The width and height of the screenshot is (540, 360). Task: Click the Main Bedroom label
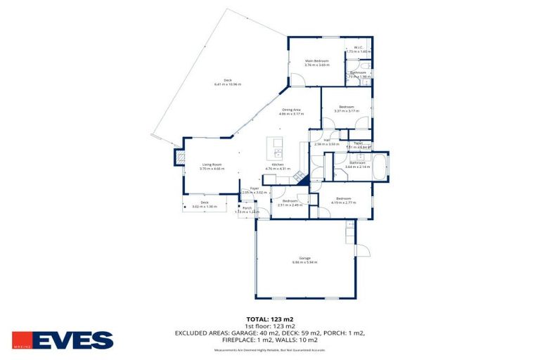[316, 61]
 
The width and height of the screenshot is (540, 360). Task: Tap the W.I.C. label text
[358, 49]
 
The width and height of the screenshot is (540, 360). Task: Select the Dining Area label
[292, 110]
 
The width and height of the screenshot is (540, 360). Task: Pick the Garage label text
[304, 258]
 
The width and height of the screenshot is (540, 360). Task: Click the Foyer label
[255, 188]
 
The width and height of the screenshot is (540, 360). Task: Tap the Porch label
[247, 208]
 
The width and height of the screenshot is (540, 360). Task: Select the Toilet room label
[358, 143]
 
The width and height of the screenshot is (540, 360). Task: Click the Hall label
[327, 140]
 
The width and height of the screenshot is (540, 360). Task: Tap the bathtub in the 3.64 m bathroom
[380, 167]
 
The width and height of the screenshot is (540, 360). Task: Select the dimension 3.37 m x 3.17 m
[346, 110]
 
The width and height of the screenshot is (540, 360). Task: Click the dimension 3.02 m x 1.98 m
[205, 207]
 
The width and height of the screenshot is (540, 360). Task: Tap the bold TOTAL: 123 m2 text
[270, 319]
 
